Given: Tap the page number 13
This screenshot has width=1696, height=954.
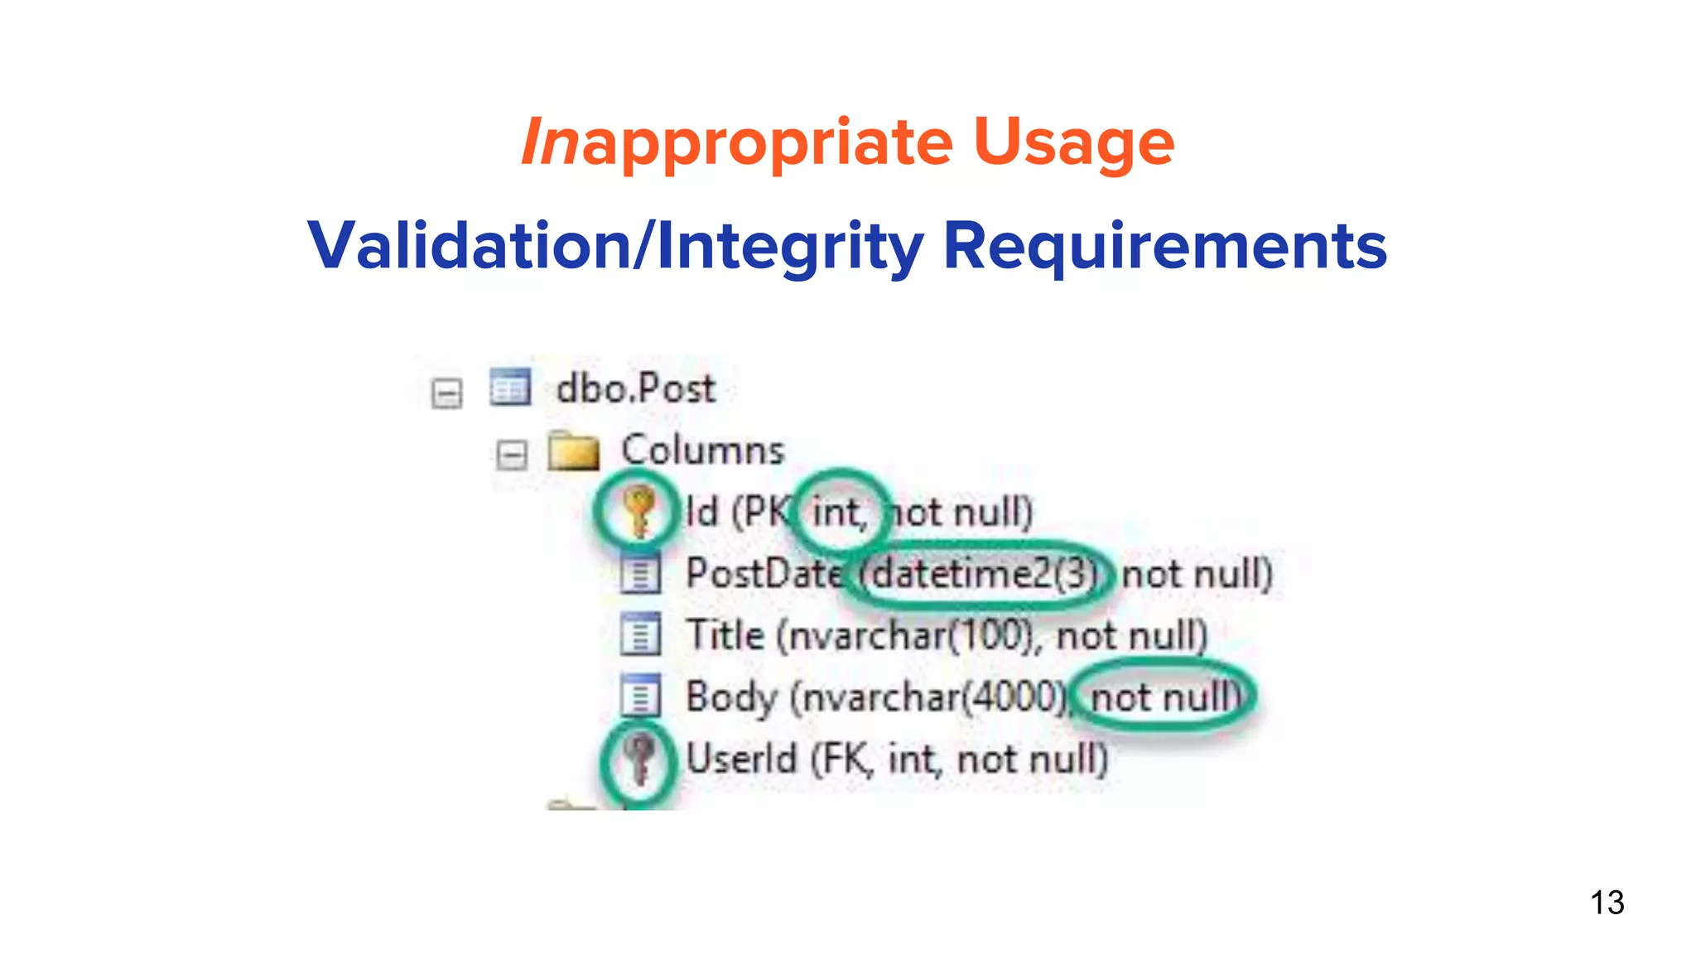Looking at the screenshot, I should point(1607,903).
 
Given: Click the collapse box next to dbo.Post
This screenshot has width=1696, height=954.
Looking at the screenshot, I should point(447,393).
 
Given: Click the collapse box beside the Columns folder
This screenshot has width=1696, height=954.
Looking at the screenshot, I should point(512,454).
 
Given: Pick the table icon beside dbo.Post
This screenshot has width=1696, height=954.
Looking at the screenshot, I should point(509,388).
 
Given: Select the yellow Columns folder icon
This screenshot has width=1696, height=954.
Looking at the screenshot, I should point(573,451).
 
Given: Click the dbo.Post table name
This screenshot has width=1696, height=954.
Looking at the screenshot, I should point(635,388).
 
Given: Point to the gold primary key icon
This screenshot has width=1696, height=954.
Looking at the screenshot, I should point(638,511).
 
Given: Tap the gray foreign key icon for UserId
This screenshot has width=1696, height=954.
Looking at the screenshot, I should point(638,758).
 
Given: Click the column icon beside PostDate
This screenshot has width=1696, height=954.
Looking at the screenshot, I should point(640,574).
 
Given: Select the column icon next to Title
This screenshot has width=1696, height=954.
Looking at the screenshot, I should point(640,635).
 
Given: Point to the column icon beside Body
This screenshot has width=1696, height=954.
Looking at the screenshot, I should point(640,696).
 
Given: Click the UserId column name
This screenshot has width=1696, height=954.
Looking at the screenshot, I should point(741,759).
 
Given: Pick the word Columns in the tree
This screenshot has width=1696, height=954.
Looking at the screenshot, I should point(702,450).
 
